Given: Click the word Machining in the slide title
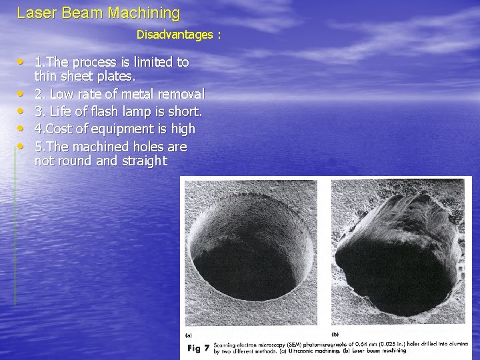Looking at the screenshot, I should [147, 13].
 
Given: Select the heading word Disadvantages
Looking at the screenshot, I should [175, 33].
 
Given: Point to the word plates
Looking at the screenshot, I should [118, 77].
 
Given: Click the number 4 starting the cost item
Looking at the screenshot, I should [39, 129].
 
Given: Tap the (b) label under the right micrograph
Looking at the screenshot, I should [335, 334].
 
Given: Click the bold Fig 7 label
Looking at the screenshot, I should [198, 347].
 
